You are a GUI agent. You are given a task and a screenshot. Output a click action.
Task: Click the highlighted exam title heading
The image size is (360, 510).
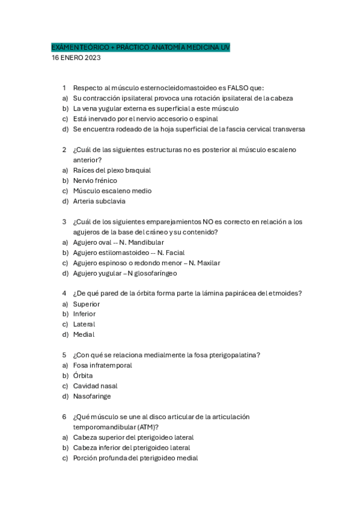click(140, 48)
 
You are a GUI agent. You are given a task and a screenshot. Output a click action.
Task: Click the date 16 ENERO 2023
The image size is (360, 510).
click(76, 58)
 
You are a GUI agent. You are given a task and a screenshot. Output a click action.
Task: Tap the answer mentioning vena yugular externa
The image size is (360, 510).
click(156, 108)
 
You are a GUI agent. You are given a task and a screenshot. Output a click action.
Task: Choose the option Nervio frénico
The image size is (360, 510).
click(95, 180)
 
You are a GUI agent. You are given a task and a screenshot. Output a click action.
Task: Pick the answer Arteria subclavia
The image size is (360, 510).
click(99, 201)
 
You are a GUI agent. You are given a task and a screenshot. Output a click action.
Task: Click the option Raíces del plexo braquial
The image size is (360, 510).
click(112, 170)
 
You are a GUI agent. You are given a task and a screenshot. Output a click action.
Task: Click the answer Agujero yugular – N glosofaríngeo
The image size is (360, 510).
click(125, 273)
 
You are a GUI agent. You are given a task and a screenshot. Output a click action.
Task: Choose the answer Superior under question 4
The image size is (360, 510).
click(87, 304)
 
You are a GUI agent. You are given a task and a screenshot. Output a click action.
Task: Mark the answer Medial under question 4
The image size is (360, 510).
click(84, 334)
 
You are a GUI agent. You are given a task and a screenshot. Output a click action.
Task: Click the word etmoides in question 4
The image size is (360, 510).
click(287, 293)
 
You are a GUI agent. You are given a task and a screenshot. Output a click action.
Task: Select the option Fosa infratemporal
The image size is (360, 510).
click(102, 365)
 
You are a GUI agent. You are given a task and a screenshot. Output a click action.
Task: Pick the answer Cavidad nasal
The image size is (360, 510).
click(95, 386)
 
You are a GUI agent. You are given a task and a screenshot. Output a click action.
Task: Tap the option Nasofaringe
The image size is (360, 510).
click(92, 396)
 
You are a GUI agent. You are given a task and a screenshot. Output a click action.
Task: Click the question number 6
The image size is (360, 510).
click(64, 417)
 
